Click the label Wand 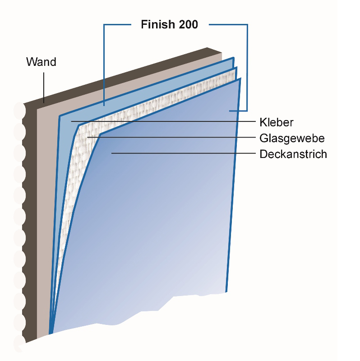pos(41,62)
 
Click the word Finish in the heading pos(156,24)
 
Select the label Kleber pos(276,122)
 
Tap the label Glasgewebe pos(292,138)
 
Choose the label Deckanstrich pos(293,154)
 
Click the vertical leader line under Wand pos(44,86)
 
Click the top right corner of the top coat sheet pos(240,80)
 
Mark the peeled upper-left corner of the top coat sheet pos(100,135)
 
